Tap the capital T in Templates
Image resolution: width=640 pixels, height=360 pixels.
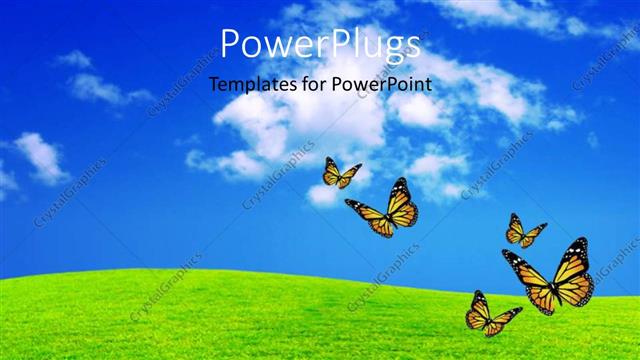[x=214, y=84]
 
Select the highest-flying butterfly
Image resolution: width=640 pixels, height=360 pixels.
[x=340, y=173]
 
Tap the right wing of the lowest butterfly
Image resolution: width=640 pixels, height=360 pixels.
[x=503, y=318]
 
